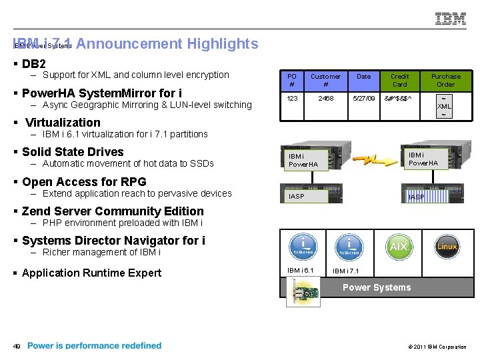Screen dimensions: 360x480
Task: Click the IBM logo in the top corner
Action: (x=451, y=19)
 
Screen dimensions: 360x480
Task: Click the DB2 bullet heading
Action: (x=33, y=65)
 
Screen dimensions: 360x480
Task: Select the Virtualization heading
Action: (x=62, y=123)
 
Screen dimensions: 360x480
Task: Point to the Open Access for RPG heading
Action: (x=83, y=182)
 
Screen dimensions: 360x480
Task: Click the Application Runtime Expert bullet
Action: (x=91, y=273)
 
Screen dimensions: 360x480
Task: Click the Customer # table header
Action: (x=325, y=81)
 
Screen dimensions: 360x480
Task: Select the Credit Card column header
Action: (x=399, y=81)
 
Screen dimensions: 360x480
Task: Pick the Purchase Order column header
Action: (x=445, y=81)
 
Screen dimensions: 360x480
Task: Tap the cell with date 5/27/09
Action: (x=363, y=98)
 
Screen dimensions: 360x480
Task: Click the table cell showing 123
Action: (x=292, y=98)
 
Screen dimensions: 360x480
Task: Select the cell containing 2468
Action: (x=325, y=98)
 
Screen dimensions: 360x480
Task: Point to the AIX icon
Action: (x=398, y=247)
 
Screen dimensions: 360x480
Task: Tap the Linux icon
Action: (x=447, y=247)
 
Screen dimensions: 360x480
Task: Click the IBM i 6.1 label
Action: (x=300, y=270)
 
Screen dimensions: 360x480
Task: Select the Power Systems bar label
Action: (x=377, y=287)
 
